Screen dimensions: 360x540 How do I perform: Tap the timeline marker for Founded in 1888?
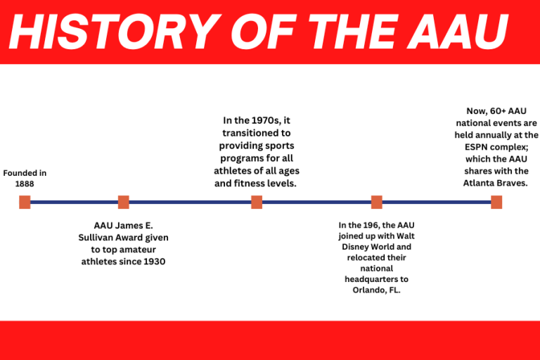25,202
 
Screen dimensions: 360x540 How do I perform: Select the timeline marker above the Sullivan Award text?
123,202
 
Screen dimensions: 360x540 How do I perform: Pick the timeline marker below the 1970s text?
257,202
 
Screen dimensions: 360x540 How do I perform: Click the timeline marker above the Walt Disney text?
376,202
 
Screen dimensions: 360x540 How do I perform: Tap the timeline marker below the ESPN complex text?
496,202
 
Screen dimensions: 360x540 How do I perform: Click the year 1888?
25,184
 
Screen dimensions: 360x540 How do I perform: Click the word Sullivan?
98,238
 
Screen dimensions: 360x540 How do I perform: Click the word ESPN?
475,146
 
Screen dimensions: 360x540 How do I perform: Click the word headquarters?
376,279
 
